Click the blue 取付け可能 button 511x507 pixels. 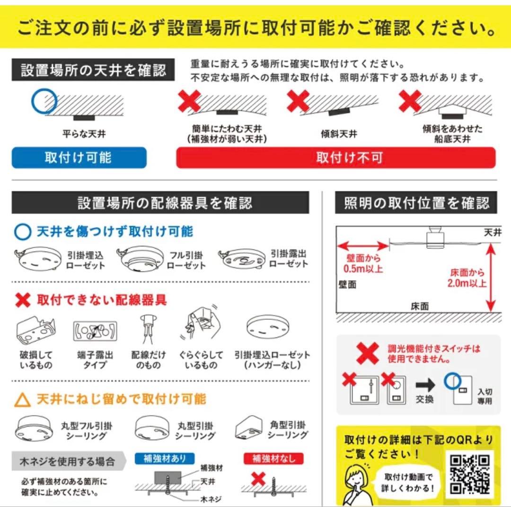(x=79, y=157)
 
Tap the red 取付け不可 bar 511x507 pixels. (x=335, y=157)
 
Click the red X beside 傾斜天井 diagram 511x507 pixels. (x=298, y=101)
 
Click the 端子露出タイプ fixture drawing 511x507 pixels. (x=95, y=331)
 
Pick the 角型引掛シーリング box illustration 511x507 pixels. (x=248, y=428)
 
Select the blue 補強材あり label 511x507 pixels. (x=165, y=458)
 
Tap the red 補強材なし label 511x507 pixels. (x=273, y=458)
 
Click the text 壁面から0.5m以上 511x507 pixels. (x=363, y=263)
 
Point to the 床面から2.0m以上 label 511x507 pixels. (x=467, y=278)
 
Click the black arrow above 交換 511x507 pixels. (x=425, y=385)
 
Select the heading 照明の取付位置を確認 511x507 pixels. (x=416, y=203)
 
